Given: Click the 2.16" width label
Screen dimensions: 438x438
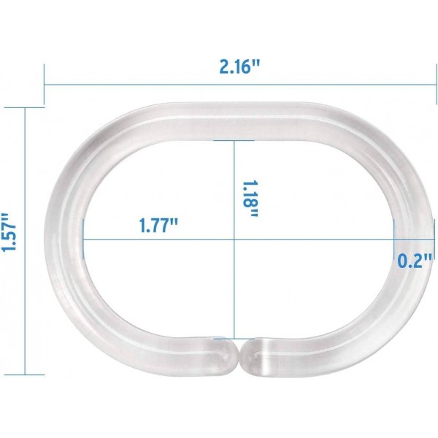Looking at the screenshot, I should [x=239, y=66].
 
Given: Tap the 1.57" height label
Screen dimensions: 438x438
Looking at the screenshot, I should [x=9, y=233].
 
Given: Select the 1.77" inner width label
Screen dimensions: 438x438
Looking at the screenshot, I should [x=158, y=224].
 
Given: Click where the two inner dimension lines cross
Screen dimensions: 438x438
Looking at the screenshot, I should [x=234, y=240].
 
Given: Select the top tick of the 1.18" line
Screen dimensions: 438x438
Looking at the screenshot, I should [x=234, y=140].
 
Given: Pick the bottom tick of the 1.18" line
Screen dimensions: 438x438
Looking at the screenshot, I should [x=234, y=339].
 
